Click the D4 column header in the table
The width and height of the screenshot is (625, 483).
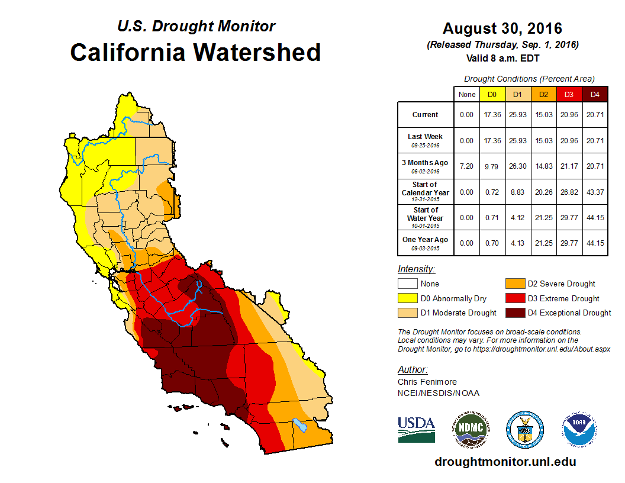(x=595, y=94)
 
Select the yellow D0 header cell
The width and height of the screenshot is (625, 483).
(x=492, y=94)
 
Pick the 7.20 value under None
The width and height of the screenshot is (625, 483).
(x=467, y=166)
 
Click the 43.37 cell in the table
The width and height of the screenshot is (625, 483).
(x=595, y=192)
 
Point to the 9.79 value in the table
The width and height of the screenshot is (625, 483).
(x=492, y=166)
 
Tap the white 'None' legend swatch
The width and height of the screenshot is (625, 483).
(x=407, y=284)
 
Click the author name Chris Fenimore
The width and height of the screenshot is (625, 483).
(x=427, y=382)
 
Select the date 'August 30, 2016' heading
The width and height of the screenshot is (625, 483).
(x=502, y=28)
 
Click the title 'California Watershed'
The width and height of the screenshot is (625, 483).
(x=195, y=52)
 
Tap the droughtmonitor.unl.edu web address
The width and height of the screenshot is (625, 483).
(x=505, y=462)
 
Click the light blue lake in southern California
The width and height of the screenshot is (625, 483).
(x=301, y=426)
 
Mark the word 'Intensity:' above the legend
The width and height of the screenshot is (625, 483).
(x=417, y=269)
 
